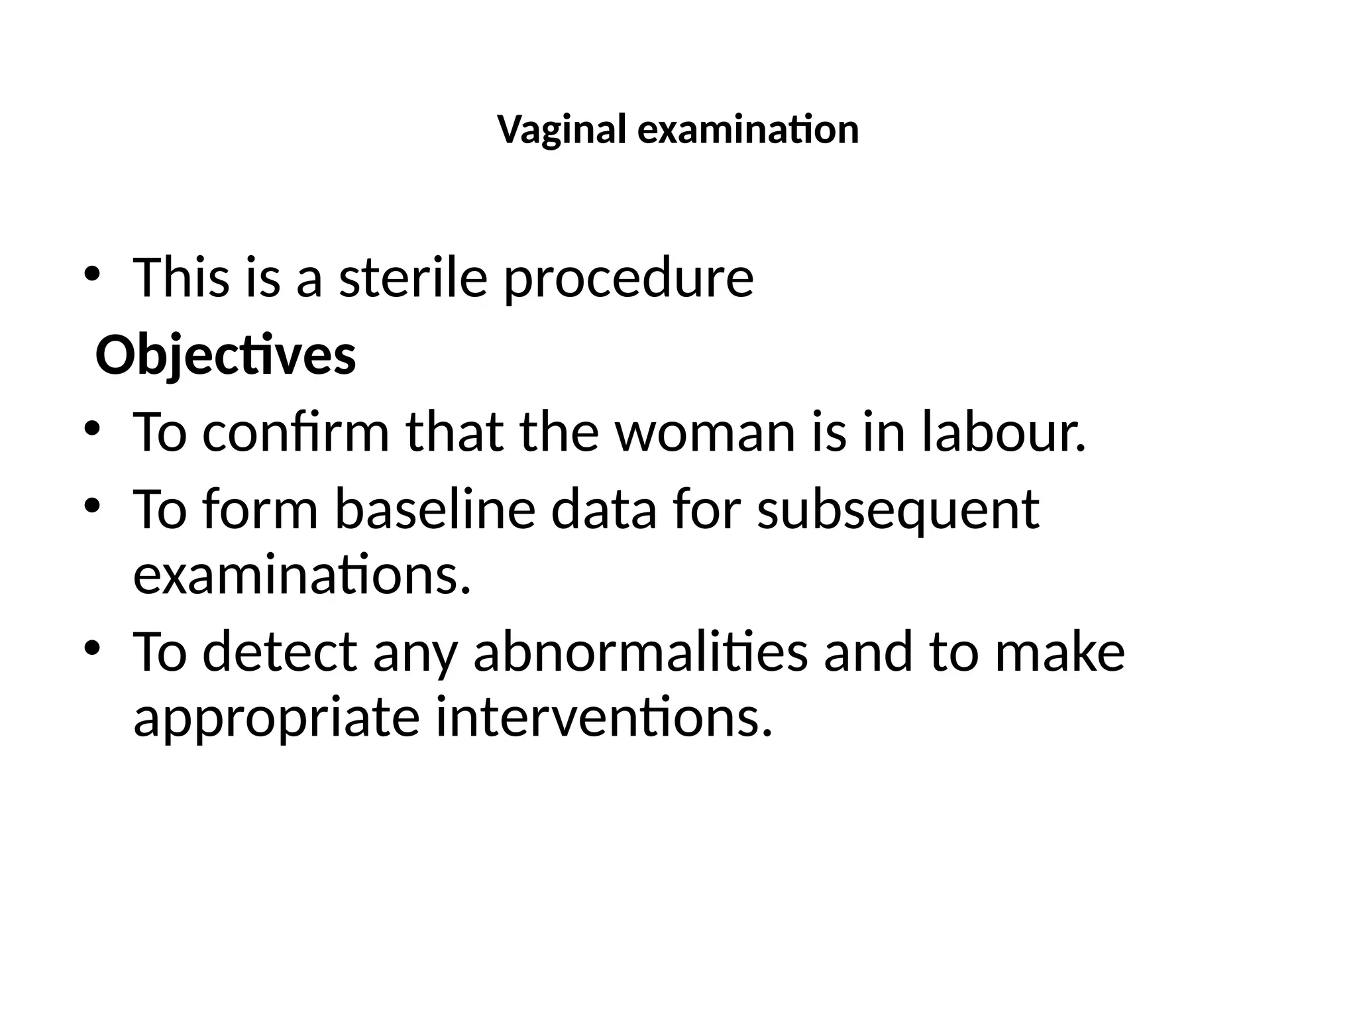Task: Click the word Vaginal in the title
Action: (x=562, y=130)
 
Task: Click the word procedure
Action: (x=628, y=278)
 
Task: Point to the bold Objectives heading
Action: (x=226, y=357)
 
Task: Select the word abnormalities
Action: (x=641, y=652)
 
